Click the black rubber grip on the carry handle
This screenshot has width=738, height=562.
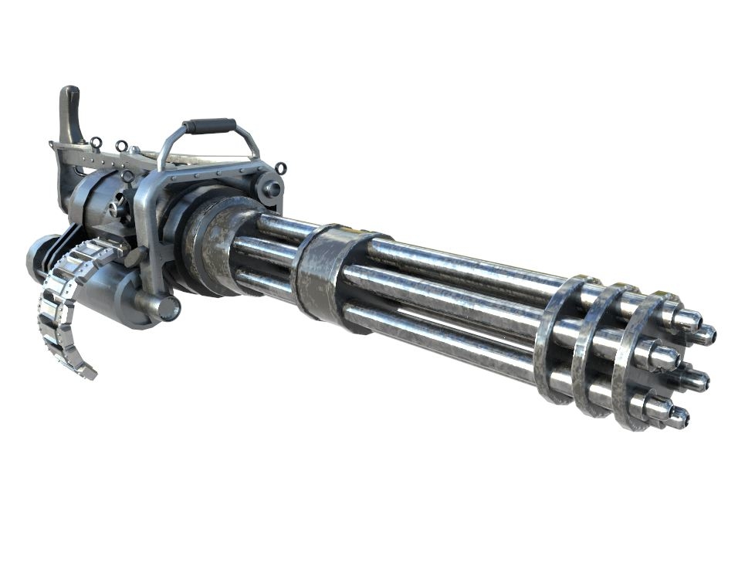(x=209, y=126)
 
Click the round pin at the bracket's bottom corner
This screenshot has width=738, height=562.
(x=165, y=306)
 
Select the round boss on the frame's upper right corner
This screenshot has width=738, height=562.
(x=269, y=188)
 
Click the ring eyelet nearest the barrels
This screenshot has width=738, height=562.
(x=279, y=168)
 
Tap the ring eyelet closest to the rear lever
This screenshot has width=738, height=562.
(x=96, y=143)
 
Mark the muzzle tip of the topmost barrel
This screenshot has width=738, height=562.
(x=689, y=317)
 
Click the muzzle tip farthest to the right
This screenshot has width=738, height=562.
(x=704, y=335)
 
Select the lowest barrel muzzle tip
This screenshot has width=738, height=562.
(x=676, y=418)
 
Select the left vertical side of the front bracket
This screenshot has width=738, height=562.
(x=146, y=232)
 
